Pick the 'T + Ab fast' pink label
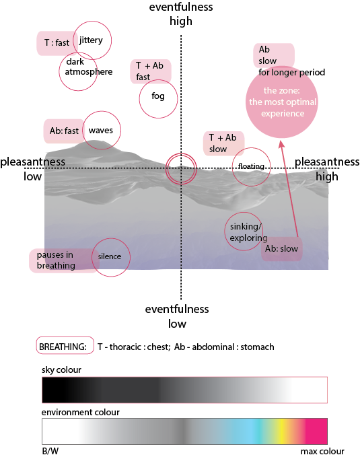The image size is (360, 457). click(151, 72)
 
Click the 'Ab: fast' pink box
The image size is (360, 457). click(63, 131)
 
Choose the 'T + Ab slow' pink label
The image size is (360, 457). click(223, 143)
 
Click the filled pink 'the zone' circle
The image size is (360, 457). click(281, 102)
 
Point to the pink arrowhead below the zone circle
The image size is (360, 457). click(281, 145)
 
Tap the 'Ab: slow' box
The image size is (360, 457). click(281, 248)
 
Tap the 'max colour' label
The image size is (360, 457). click(322, 451)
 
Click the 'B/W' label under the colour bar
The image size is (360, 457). click(50, 451)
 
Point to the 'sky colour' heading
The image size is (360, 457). click(61, 370)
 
